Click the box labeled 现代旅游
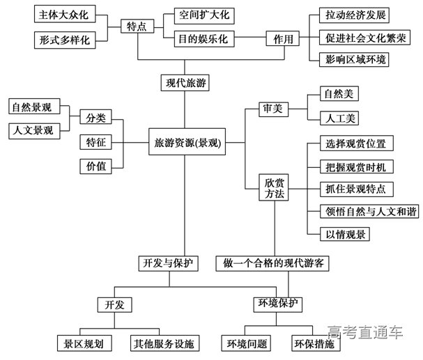point(185,83)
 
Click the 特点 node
point(137,26)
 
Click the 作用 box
point(283,39)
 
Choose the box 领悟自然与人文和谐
point(362,211)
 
